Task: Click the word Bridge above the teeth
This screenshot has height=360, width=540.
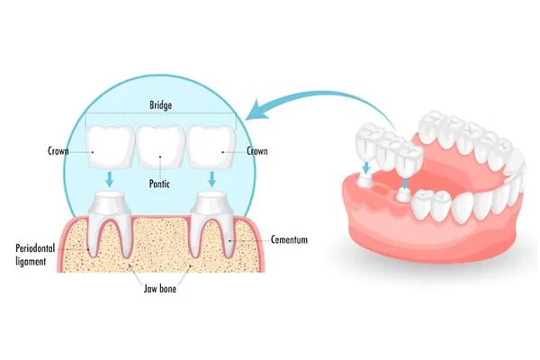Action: coord(160,104)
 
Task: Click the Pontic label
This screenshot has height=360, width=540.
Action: coord(159,184)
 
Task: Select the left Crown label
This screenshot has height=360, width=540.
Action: coord(58,151)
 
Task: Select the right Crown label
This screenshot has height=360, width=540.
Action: coord(257,151)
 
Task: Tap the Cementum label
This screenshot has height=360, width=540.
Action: coord(289,239)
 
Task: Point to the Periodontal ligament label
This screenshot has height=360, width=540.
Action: coord(35,255)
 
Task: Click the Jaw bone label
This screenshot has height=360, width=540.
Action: coord(160,288)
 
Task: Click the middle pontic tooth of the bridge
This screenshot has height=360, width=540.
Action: coord(160,147)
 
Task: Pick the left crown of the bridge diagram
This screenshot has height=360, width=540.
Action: coord(110,147)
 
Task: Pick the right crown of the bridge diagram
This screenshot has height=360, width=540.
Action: coord(211,147)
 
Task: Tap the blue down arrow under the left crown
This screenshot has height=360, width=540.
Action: coord(110,179)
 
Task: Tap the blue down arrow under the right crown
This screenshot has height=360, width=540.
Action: coord(212,179)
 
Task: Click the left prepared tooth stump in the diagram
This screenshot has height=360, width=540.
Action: coord(110,224)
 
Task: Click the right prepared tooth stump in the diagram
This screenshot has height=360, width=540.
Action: coord(212,224)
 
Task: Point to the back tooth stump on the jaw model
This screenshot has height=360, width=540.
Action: coord(366,180)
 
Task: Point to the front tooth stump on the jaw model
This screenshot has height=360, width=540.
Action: coord(402,194)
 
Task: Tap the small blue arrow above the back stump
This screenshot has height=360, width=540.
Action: coord(366,167)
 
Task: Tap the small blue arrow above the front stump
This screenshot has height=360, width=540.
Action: coord(405,183)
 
